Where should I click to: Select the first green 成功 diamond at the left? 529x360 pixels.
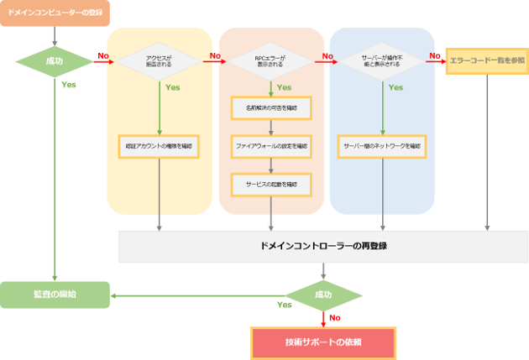pos(54,61)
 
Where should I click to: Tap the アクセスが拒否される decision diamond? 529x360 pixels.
pos(159,61)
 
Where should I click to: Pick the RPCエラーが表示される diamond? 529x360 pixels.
pos(270,61)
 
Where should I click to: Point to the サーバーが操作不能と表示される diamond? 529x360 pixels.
pos(383,61)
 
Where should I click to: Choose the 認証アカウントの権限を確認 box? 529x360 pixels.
pos(159,145)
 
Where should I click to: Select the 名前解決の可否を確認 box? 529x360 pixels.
pos(270,107)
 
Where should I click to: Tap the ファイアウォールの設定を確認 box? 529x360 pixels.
pos(270,145)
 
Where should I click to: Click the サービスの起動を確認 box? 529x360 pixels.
pos(270,183)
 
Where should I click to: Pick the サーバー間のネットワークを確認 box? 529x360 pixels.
pos(383,145)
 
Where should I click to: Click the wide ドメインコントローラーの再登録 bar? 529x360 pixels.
pos(323,247)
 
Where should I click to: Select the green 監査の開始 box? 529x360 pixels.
pos(55,295)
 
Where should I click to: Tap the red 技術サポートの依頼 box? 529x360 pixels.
pos(323,342)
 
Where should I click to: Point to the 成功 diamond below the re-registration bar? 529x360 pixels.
pos(323,295)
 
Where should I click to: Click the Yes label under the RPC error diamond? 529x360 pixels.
pos(284,86)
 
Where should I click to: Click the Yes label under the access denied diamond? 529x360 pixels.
pos(173,86)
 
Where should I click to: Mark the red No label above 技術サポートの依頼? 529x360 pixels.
pos(335,318)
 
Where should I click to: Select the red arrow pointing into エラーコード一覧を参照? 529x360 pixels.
pos(437,61)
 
